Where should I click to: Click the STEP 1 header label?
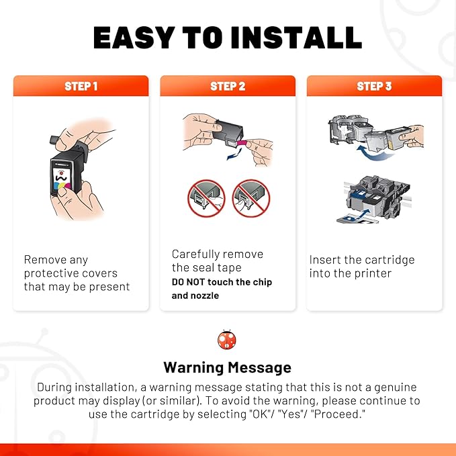pyautogui.click(x=81, y=86)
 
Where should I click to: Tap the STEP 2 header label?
pyautogui.click(x=228, y=86)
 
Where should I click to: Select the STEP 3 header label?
pyautogui.click(x=374, y=86)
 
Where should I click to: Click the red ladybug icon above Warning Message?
pyautogui.click(x=227, y=340)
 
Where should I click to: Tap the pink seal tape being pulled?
pyautogui.click(x=242, y=143)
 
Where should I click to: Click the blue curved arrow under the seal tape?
pyautogui.click(x=234, y=154)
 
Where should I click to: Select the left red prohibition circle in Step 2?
pyautogui.click(x=206, y=198)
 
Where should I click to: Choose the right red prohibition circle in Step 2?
pyautogui.click(x=251, y=198)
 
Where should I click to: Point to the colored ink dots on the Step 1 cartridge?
pyautogui.click(x=62, y=185)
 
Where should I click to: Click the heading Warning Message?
pyautogui.click(x=228, y=367)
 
